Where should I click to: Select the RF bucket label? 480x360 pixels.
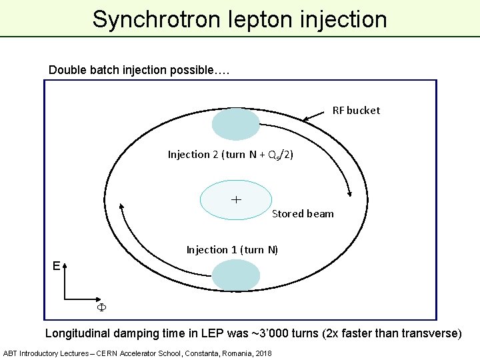click(356, 111)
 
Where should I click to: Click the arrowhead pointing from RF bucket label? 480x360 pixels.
click(306, 120)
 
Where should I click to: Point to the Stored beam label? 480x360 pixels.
click(303, 214)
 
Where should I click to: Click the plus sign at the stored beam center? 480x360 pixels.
click(236, 199)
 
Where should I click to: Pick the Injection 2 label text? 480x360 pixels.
click(230, 155)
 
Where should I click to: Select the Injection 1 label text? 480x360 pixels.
click(232, 250)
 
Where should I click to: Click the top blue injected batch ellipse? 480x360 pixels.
click(235, 124)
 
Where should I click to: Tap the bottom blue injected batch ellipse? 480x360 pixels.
click(235, 275)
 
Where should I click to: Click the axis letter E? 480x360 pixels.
click(57, 266)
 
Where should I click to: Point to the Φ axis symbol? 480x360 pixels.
click(102, 308)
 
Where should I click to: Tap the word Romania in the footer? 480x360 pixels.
click(227, 353)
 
